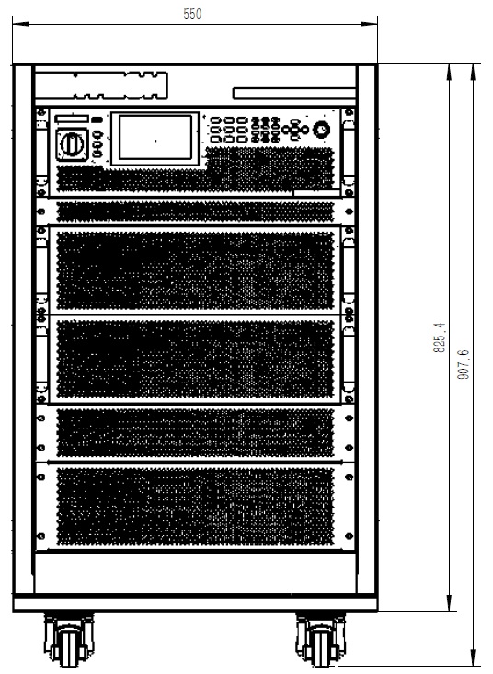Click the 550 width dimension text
[192, 14]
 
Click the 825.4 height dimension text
[440, 337]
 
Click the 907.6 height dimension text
[464, 364]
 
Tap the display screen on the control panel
[155, 138]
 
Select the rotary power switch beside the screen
[72, 144]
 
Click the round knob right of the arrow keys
[322, 129]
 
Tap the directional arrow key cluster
[295, 129]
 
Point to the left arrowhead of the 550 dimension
[20, 24]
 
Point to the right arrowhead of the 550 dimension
[369, 24]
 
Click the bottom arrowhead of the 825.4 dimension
[449, 602]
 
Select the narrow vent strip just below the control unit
[195, 211]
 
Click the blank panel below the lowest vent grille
[196, 574]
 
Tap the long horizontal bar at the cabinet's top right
[294, 94]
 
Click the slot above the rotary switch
[73, 119]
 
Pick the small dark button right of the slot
[97, 119]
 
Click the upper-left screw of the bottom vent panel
[41, 476]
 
